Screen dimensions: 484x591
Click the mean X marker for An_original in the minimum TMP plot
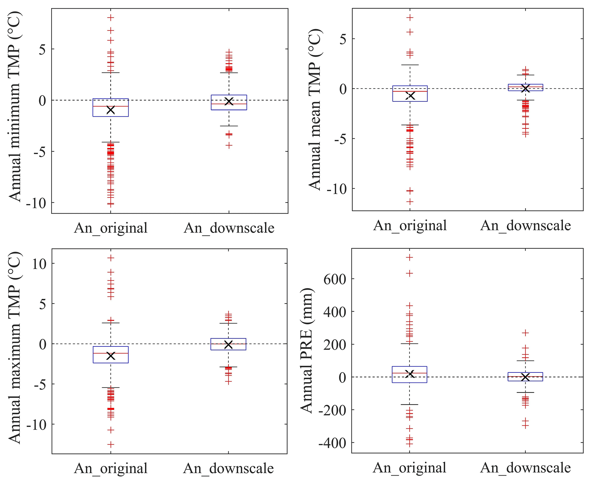point(111,110)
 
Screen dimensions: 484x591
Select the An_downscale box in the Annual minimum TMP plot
point(229,102)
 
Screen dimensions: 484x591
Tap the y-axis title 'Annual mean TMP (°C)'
point(315,109)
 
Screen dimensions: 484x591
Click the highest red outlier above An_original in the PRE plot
point(410,258)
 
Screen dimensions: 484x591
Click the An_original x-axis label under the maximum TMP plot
point(111,468)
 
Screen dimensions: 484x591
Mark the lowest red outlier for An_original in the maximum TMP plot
point(111,445)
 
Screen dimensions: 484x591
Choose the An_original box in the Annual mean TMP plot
point(410,93)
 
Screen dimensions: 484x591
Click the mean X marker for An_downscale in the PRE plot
point(525,377)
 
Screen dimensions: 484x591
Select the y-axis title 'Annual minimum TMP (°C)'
point(15,106)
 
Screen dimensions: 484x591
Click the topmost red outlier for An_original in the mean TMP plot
point(410,18)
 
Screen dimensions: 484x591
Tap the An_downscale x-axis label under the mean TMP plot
point(525,226)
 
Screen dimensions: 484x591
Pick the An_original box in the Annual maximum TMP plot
point(111,354)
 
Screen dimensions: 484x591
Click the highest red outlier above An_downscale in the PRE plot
point(525,333)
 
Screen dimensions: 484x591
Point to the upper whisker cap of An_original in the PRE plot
point(410,344)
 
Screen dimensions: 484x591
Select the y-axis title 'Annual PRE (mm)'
point(307,350)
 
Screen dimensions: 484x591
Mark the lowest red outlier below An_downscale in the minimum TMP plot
point(229,146)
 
